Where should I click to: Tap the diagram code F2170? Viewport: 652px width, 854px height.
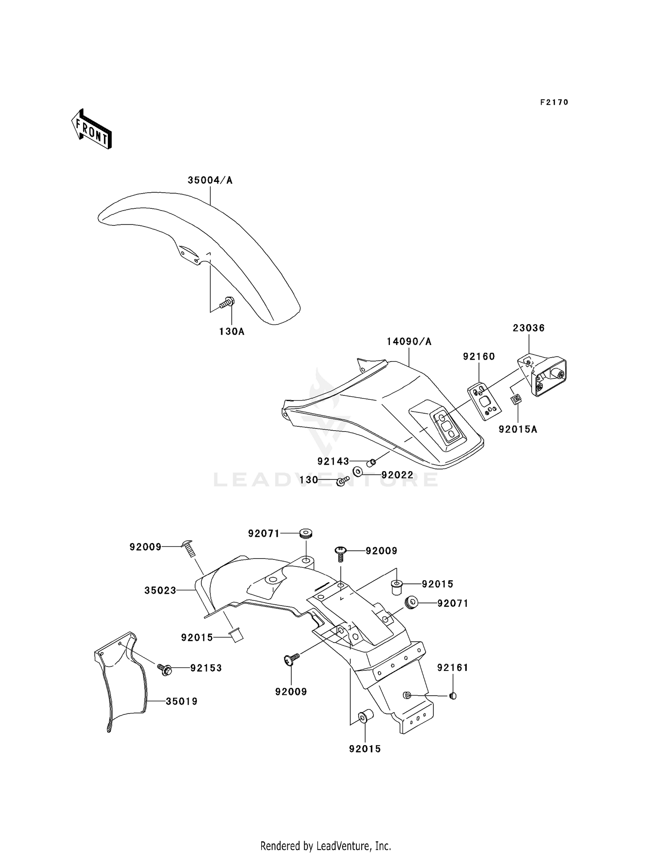pyautogui.click(x=554, y=102)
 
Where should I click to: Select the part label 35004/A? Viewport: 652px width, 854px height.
pyautogui.click(x=210, y=180)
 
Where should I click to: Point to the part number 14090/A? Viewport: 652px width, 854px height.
pyautogui.click(x=409, y=342)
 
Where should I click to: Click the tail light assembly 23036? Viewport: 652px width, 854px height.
pyautogui.click(x=543, y=376)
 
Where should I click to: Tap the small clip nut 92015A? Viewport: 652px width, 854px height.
pyautogui.click(x=516, y=399)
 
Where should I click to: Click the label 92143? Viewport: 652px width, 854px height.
pyautogui.click(x=333, y=461)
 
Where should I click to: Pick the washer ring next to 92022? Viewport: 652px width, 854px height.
pyautogui.click(x=358, y=471)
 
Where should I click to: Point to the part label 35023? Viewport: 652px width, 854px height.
pyautogui.click(x=160, y=590)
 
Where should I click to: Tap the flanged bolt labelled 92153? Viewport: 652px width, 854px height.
pyautogui.click(x=164, y=668)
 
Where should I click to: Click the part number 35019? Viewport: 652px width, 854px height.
pyautogui.click(x=181, y=701)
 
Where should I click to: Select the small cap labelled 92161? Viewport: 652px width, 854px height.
pyautogui.click(x=453, y=696)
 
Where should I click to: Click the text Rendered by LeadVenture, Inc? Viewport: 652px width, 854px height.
pyautogui.click(x=326, y=846)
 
